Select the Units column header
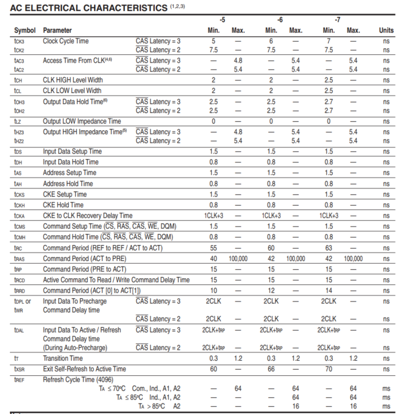[386, 30]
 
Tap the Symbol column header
[25, 30]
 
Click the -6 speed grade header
[280, 19]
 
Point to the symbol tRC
[19, 248]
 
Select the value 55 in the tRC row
[213, 248]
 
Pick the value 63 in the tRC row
[328, 248]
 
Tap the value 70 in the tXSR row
[328, 369]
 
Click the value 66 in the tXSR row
[271, 369]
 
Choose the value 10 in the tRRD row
[213, 290]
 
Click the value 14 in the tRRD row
[328, 290]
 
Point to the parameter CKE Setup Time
[65, 194]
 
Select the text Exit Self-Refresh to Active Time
[84, 369]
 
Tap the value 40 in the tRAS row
[213, 258]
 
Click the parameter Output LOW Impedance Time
[82, 121]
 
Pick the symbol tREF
[20, 379]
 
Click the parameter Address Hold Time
[68, 183]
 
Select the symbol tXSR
[20, 369]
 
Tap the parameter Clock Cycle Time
[65, 40]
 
